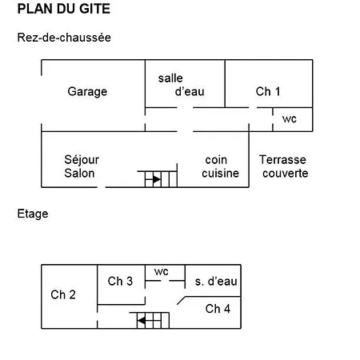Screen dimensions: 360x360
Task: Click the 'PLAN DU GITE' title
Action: click(x=64, y=9)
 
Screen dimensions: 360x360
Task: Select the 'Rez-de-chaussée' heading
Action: click(x=64, y=38)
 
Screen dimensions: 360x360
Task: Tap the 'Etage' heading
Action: click(x=33, y=214)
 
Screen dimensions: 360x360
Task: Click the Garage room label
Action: click(x=87, y=91)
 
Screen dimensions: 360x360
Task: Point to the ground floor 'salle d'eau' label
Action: click(x=182, y=85)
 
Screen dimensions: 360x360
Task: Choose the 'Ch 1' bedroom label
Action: click(x=268, y=91)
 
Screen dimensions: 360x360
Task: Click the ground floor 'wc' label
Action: click(x=290, y=119)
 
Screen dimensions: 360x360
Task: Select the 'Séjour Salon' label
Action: click(x=82, y=166)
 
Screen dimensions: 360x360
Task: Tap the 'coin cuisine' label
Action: click(x=220, y=166)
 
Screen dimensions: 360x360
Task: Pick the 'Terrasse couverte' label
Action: click(x=283, y=166)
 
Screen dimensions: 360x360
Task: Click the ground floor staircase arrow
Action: click(x=156, y=179)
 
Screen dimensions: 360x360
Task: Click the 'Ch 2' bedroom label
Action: click(x=63, y=294)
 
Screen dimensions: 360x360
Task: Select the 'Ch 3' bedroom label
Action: click(x=120, y=281)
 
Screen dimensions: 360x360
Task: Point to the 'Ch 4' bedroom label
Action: click(x=218, y=309)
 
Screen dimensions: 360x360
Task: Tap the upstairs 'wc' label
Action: click(x=162, y=272)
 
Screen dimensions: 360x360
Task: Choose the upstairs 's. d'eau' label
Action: click(x=216, y=282)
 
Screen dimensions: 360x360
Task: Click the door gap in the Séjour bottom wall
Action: click(x=102, y=187)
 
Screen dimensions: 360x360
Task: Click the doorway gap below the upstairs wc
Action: click(x=165, y=281)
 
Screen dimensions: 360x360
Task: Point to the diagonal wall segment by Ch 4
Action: click(x=182, y=300)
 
